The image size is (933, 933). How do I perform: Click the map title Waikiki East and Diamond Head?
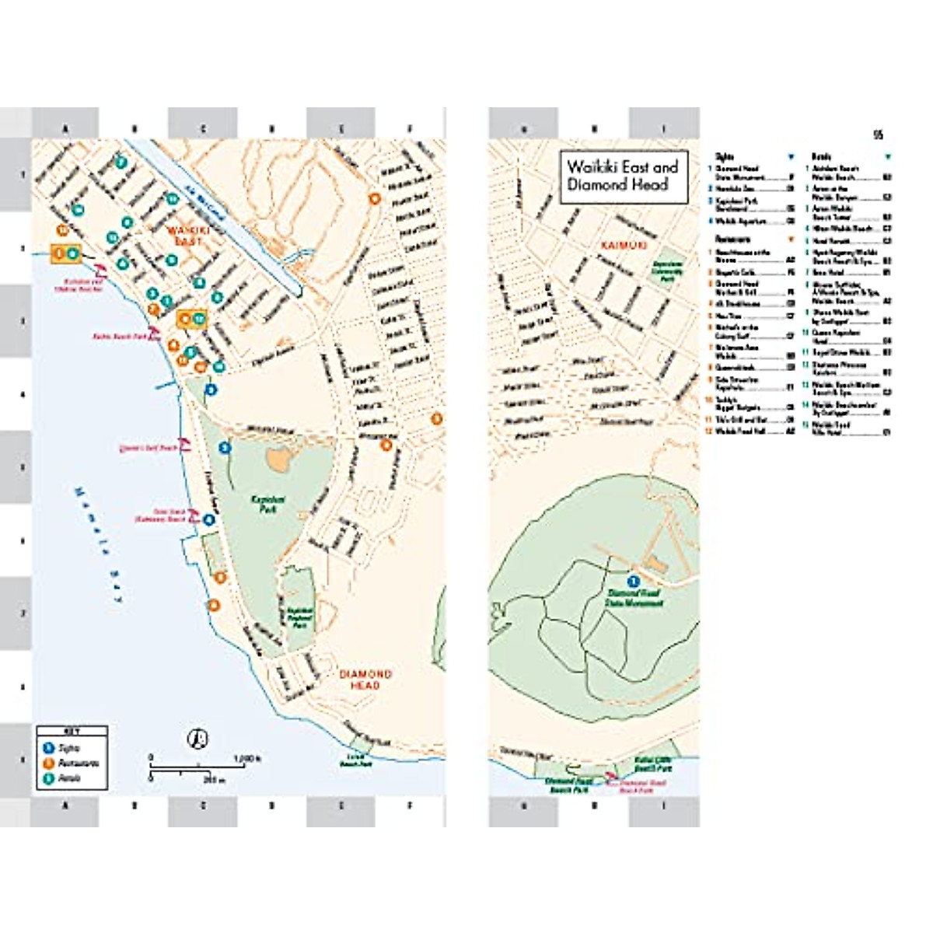pos(623,176)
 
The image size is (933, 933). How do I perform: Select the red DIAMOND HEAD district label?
pos(365,680)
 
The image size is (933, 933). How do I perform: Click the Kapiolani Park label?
pos(268,503)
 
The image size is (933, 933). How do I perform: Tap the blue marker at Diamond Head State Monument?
pos(633,581)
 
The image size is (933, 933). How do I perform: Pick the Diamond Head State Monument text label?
pos(634,598)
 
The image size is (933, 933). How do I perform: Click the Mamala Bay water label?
pos(99,545)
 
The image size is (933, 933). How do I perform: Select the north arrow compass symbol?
pos(199,738)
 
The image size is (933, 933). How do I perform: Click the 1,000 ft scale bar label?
pos(246,758)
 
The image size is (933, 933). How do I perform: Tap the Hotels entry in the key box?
pos(70,777)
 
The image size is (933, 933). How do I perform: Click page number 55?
pos(878,135)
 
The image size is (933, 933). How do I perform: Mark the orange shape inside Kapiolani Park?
pos(278,459)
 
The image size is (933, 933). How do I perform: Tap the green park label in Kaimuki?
pos(666,270)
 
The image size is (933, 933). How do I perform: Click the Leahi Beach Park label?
pos(355,760)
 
